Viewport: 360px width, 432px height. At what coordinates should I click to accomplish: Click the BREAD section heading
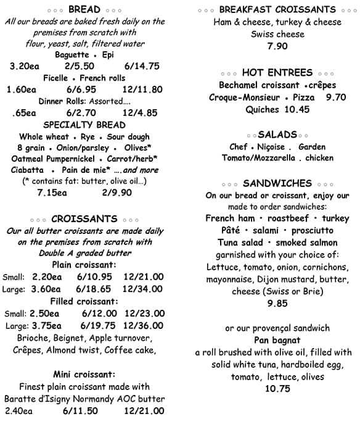pyautogui.click(x=84, y=9)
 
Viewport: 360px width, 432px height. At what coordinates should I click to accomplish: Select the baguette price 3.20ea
pyautogui.click(x=25, y=66)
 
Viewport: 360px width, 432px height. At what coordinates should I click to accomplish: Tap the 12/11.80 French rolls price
pyautogui.click(x=142, y=89)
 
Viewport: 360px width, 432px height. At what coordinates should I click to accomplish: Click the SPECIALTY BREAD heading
pyautogui.click(x=84, y=125)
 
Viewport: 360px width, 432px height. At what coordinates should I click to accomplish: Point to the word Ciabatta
pyautogui.click(x=27, y=170)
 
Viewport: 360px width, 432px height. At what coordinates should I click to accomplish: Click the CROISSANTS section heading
pyautogui.click(x=84, y=218)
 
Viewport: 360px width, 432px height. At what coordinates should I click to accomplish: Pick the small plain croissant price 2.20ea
pyautogui.click(x=47, y=276)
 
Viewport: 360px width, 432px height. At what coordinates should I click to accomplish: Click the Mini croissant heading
pyautogui.click(x=84, y=374)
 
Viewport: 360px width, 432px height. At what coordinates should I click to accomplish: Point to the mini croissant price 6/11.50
pyautogui.click(x=81, y=410)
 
